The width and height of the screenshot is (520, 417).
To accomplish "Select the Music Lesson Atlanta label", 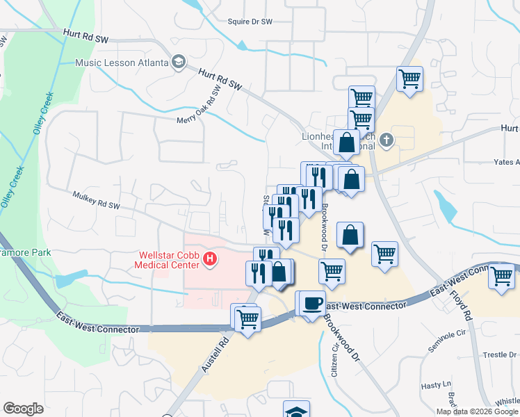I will (x=122, y=63).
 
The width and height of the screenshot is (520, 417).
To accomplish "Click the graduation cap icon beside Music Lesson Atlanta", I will (x=179, y=63).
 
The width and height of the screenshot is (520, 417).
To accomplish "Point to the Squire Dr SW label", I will (x=250, y=22).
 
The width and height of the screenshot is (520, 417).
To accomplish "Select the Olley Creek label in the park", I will (x=40, y=111).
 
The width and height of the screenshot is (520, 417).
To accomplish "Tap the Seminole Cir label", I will (x=447, y=340).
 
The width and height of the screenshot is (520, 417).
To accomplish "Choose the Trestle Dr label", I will (x=501, y=354).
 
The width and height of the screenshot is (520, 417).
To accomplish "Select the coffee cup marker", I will (x=313, y=303).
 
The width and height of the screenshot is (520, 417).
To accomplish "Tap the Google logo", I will (x=24, y=409).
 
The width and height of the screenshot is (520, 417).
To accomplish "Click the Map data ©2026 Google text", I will (x=477, y=411).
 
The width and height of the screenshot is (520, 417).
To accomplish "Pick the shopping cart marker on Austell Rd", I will (x=247, y=318).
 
